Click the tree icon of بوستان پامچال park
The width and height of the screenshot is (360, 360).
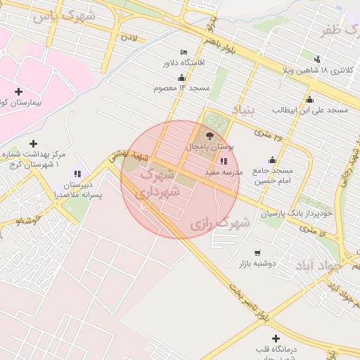[x=210, y=136]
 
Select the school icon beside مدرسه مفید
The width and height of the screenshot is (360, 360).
[x=224, y=161]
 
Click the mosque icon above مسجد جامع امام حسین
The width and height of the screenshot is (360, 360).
[x=272, y=160]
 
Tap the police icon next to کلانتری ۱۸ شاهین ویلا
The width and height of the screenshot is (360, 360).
[x=318, y=59]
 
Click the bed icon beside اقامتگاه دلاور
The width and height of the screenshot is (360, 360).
[x=184, y=53]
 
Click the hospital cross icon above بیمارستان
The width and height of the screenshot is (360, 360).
[x=18, y=92]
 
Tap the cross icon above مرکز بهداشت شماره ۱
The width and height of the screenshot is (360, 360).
[x=33, y=143]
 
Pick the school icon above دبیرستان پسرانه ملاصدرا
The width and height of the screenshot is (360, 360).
[x=77, y=174]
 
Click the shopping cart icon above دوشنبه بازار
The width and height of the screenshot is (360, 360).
[x=257, y=253]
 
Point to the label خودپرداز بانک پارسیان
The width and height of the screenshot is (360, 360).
[x=293, y=212]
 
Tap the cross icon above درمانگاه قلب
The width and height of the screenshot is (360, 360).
[x=275, y=338]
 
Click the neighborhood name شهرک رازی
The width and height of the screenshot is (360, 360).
[x=220, y=224]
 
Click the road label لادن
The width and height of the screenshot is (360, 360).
[x=130, y=35]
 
